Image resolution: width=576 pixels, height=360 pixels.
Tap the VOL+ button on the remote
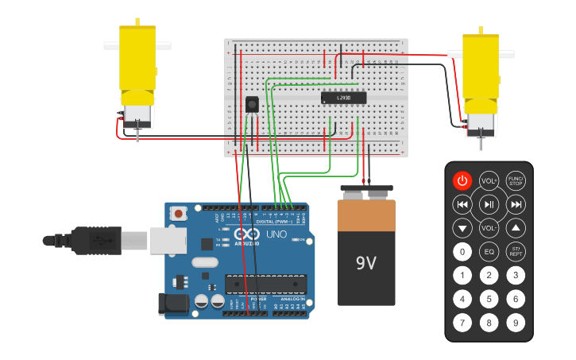(489, 180)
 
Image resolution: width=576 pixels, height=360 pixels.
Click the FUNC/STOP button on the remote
(516, 180)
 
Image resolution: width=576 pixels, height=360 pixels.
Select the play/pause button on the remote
(489, 205)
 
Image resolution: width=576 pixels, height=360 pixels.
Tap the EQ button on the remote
(489, 253)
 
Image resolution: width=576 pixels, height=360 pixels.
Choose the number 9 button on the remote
(516, 323)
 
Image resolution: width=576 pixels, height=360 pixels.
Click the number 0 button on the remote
(462, 253)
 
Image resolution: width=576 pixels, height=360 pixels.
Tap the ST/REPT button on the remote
(516, 253)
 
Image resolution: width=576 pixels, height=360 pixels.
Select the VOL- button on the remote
(489, 229)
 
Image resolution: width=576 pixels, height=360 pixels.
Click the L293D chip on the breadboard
(343, 98)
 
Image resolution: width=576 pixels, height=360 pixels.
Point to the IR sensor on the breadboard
(253, 105)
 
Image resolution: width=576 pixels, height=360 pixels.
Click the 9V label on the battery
(365, 262)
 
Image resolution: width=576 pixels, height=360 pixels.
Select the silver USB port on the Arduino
(168, 238)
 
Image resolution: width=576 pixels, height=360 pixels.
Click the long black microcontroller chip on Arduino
(265, 284)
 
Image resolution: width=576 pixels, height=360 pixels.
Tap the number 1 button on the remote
(462, 276)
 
